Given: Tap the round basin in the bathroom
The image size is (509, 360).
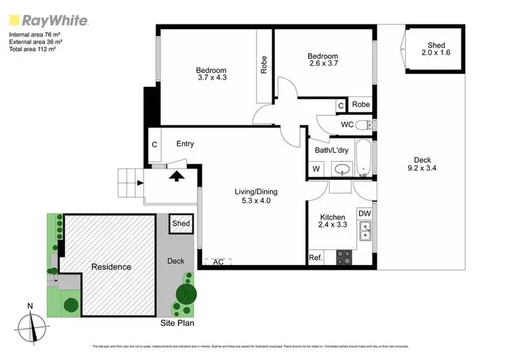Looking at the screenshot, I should (342, 169).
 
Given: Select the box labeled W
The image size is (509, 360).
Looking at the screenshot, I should (316, 169).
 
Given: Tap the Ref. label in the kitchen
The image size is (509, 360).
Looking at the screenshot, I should (315, 257).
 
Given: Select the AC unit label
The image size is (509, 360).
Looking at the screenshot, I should (219, 261).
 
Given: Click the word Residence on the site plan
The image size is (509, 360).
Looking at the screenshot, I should (112, 267).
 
